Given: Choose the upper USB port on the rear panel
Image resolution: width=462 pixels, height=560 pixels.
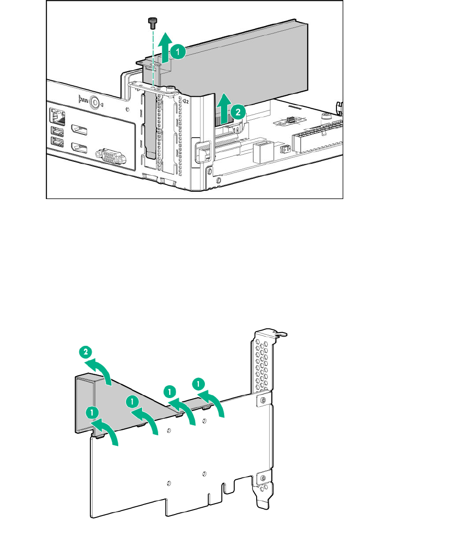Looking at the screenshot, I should (58, 131).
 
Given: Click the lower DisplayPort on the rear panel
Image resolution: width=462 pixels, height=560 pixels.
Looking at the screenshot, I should (79, 148).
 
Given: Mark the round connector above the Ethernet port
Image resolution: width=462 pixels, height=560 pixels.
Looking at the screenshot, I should (95, 102).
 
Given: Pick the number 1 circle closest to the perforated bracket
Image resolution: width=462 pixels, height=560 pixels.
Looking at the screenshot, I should (198, 382).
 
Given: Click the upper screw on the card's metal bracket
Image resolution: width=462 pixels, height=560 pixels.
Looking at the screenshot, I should (262, 400).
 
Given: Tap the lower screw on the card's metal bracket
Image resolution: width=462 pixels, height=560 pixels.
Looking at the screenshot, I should (263, 479).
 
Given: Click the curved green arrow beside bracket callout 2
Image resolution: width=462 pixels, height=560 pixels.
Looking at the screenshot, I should (101, 370).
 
